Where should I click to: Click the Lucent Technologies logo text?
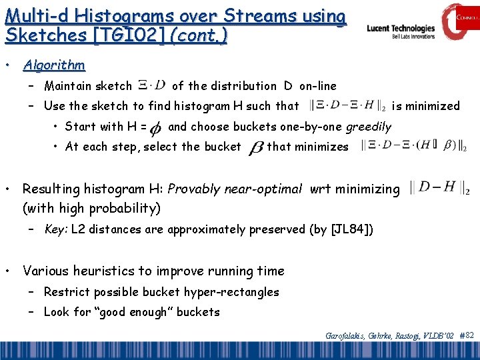click(x=401, y=29)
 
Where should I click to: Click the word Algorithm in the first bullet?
click(x=54, y=65)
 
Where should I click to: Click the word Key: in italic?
click(x=56, y=230)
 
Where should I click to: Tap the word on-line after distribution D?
click(x=318, y=85)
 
